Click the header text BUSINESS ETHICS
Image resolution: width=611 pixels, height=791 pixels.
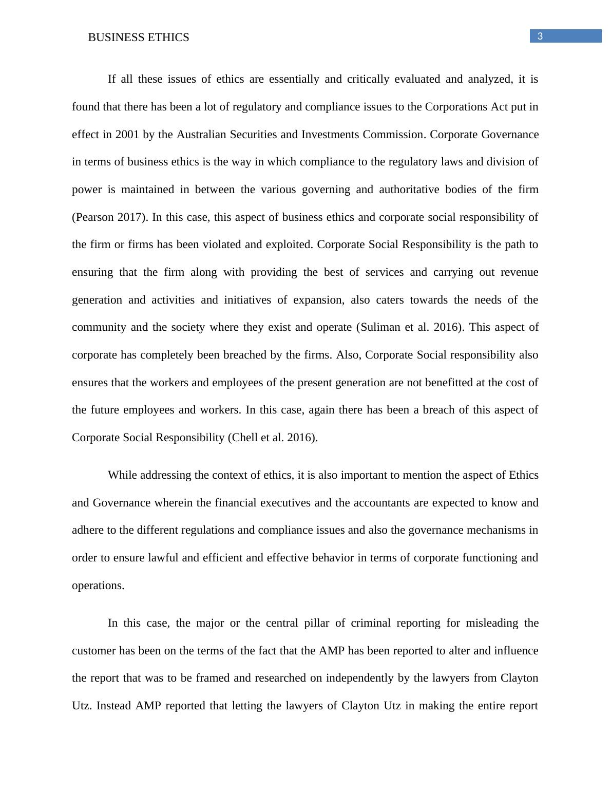[x=139, y=37]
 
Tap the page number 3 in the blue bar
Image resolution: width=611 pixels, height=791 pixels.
[x=540, y=36]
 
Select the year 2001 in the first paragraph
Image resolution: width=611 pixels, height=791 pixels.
[x=127, y=135]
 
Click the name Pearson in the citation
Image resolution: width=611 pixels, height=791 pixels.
[x=94, y=217]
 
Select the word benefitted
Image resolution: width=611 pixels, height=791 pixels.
[x=414, y=383]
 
